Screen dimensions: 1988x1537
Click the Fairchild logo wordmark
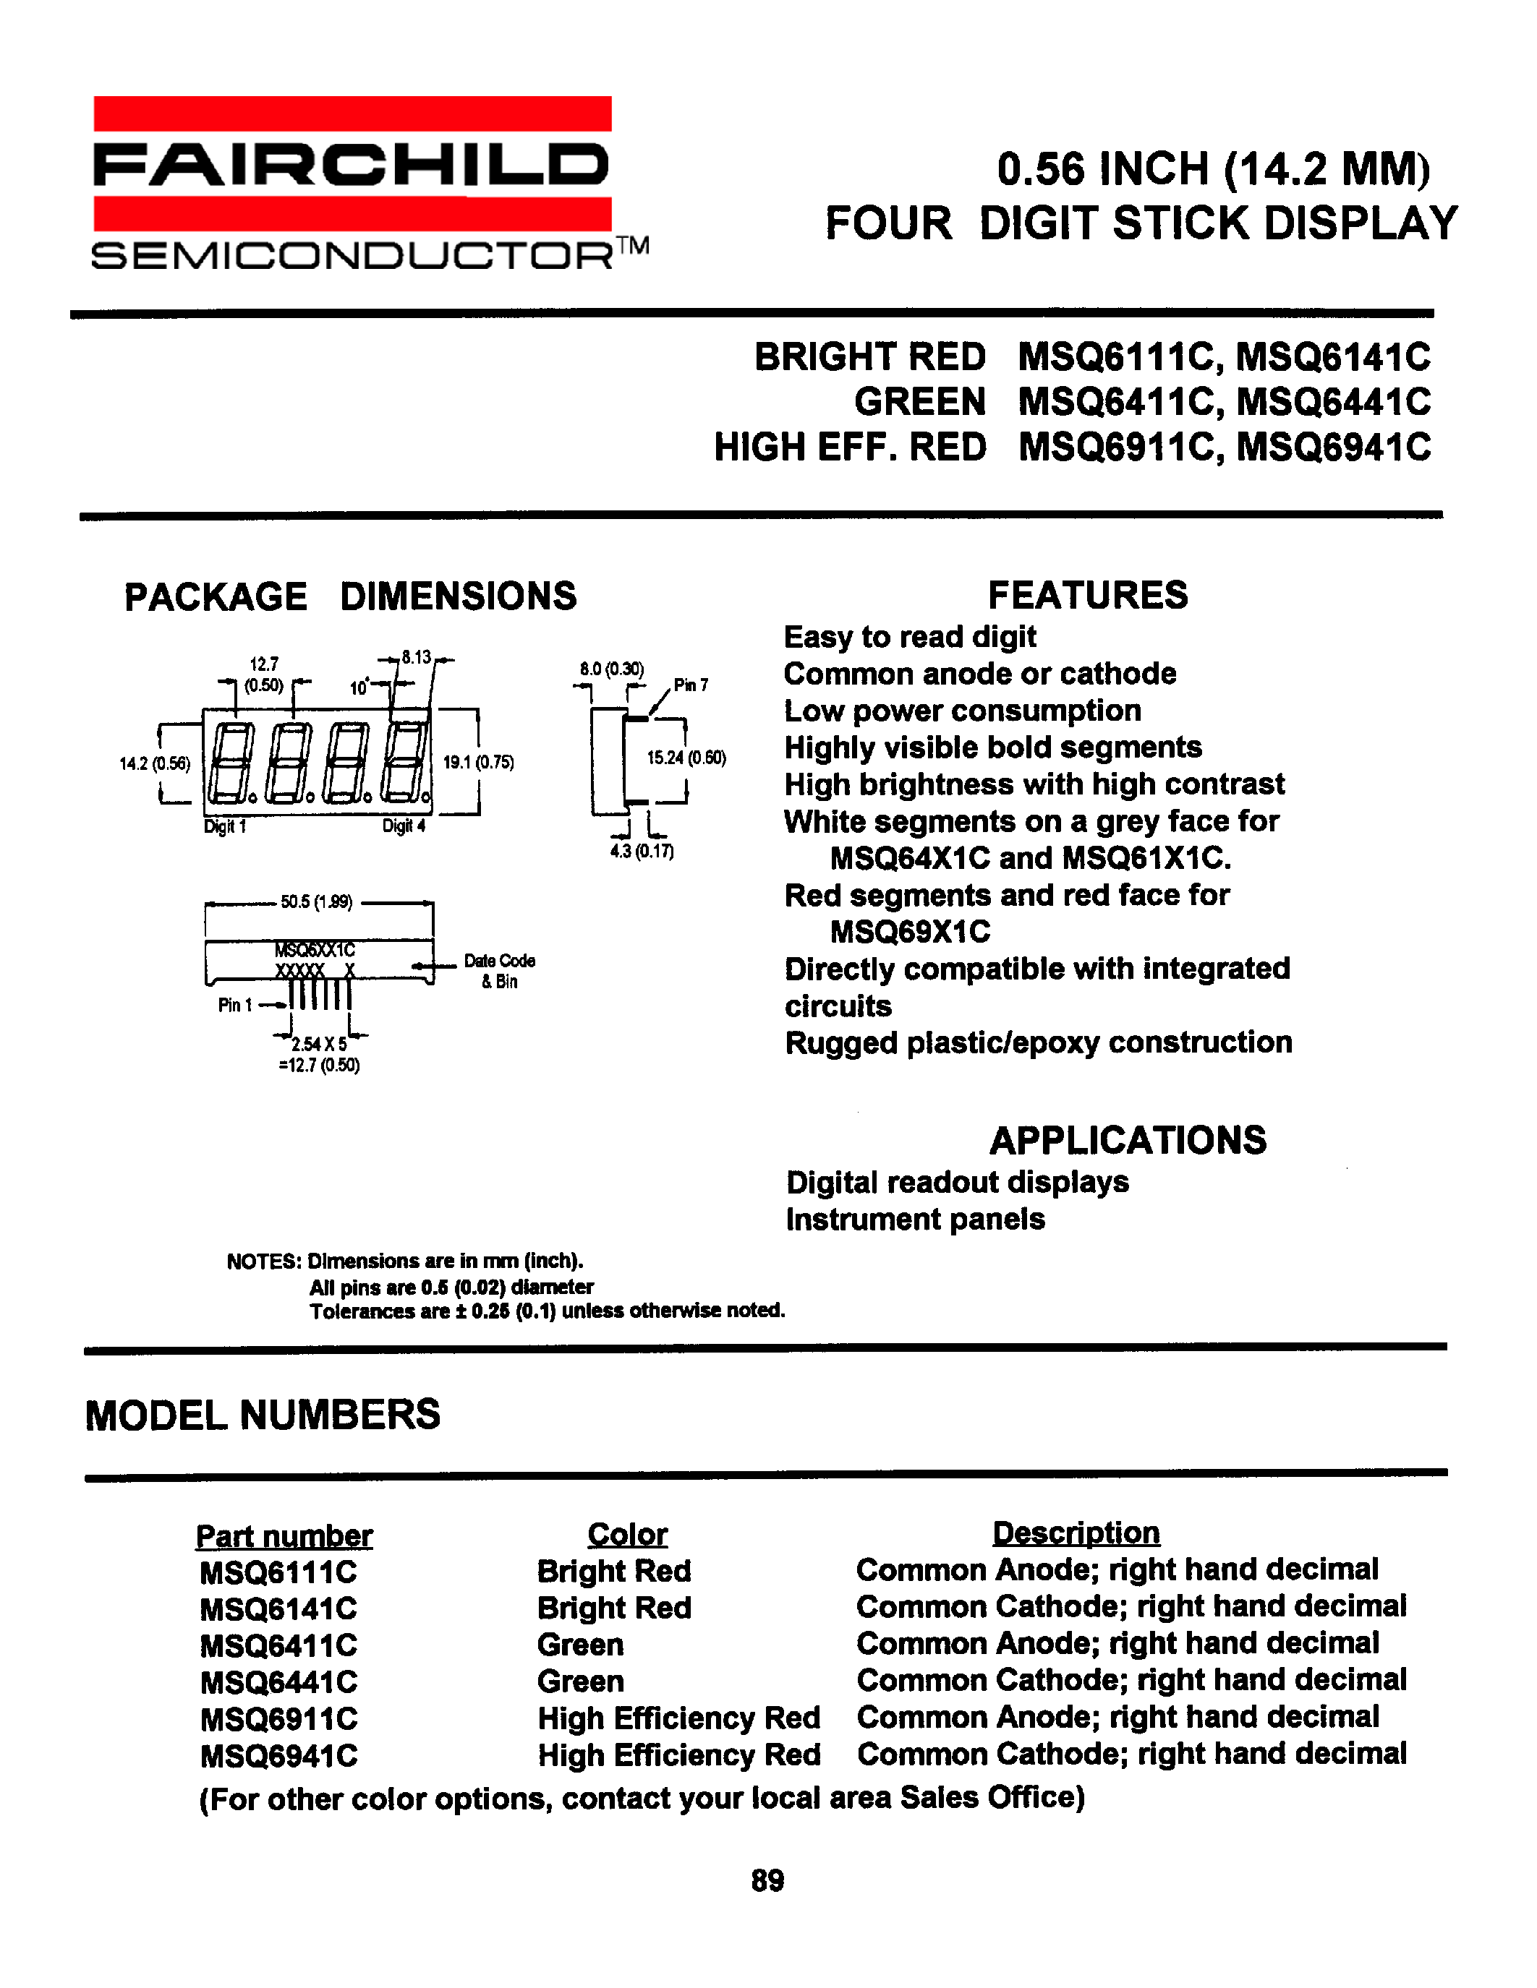351,165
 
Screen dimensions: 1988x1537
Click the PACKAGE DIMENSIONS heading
351,596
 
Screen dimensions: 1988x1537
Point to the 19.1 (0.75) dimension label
479,763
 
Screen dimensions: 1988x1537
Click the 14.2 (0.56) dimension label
155,763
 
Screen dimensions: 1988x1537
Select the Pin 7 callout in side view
690,685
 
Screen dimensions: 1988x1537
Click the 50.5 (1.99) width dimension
317,902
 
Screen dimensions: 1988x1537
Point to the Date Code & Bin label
499,970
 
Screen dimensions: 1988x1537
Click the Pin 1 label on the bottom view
235,1005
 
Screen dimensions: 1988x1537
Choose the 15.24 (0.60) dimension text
686,758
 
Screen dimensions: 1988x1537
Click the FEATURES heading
1087,595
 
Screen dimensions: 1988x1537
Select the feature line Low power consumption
963,711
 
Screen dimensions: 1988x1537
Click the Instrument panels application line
915,1219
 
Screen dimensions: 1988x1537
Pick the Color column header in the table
626,1535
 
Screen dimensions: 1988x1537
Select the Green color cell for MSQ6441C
580,1681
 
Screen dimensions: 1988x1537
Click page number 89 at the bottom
767,1880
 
